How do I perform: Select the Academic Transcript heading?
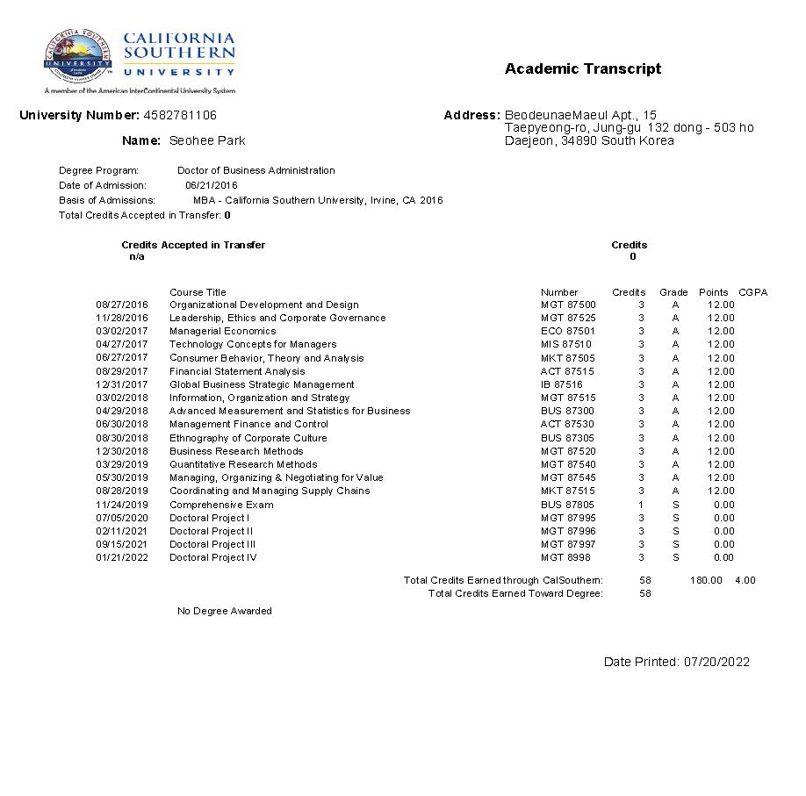coord(583,69)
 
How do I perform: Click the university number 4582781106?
coord(180,115)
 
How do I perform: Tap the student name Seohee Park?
coord(207,140)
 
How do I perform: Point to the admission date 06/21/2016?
coord(211,185)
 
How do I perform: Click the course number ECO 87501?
coord(567,332)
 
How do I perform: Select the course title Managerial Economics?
coord(222,332)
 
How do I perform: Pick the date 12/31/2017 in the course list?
coord(122,384)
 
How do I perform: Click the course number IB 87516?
coord(561,384)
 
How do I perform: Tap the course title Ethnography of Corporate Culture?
coord(248,438)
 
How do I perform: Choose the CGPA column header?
coord(752,292)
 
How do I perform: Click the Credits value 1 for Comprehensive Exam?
coord(641,505)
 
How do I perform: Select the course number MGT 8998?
coord(565,557)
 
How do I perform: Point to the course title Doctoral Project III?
coord(212,544)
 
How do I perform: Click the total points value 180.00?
coord(706,580)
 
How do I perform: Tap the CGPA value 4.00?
coord(745,580)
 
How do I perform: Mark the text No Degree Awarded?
coord(225,611)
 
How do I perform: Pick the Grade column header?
coord(673,292)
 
